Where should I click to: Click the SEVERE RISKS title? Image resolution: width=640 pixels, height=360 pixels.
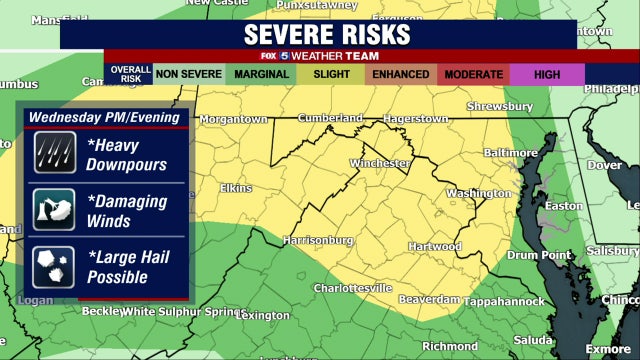tap(327, 34)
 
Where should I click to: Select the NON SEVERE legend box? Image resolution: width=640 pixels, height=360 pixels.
tap(187, 74)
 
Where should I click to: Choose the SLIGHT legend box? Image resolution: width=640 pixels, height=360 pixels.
tap(330, 74)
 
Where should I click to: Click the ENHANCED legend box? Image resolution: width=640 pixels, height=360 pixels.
tap(400, 74)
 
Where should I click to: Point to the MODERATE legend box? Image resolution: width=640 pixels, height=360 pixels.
tap(473, 74)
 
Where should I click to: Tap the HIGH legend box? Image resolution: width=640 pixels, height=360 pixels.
tap(546, 74)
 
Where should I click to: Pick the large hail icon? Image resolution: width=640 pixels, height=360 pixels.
tap(50, 265)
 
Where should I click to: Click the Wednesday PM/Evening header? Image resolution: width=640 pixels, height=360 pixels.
tap(104, 117)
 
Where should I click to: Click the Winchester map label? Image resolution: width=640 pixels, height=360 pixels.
tap(380, 162)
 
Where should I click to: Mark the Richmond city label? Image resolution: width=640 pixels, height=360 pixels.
tap(451, 346)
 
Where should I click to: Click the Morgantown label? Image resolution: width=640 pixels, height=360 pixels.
tap(233, 119)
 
